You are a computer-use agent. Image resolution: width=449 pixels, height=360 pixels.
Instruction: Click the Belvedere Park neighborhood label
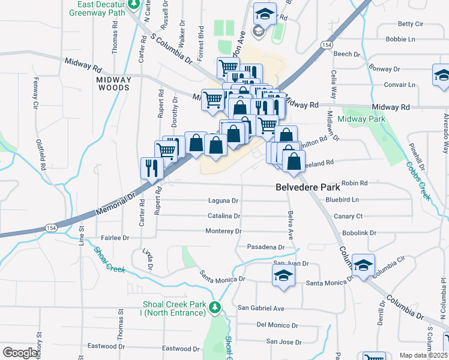[x=304, y=187]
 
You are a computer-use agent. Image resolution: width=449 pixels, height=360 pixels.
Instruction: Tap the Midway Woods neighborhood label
[x=113, y=83]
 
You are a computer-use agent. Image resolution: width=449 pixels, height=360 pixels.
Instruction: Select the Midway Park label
[x=361, y=119]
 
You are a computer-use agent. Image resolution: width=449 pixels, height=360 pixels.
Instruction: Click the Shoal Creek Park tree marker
[x=215, y=308]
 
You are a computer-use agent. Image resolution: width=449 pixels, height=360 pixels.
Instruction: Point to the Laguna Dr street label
[x=224, y=200]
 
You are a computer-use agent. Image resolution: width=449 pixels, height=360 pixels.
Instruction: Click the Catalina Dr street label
[x=224, y=215]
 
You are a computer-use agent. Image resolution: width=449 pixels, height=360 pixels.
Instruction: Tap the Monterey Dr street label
[x=223, y=231]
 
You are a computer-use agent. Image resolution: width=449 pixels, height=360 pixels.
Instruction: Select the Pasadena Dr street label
[x=265, y=247]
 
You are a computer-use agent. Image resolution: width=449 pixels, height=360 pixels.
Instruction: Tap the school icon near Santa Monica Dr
[x=283, y=275]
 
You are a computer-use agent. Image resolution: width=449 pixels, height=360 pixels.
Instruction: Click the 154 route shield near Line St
[x=51, y=227]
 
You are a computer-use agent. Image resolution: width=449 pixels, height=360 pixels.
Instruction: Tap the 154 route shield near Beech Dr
[x=326, y=45]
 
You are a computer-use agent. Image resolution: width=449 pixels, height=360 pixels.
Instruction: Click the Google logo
[x=20, y=353]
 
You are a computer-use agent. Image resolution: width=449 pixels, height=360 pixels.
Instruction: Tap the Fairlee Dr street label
[x=116, y=238]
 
